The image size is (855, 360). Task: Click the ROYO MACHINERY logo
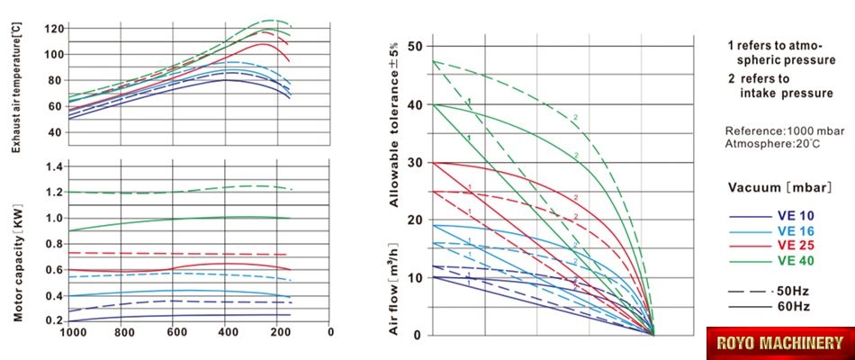point(779,342)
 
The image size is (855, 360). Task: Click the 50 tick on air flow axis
point(414,46)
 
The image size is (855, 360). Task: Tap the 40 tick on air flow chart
point(414,104)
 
